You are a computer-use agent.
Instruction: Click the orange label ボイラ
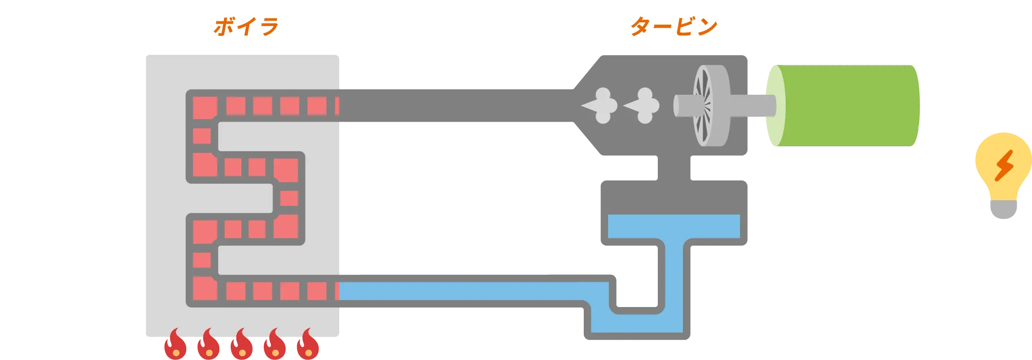246,26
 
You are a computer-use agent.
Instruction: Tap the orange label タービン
673,26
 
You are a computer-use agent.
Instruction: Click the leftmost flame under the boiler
175,344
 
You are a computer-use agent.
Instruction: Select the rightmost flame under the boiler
308,344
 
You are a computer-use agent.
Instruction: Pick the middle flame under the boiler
242,344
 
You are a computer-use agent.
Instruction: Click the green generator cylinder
844,106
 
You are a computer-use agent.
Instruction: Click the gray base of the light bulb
1003,210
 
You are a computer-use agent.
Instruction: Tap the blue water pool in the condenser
673,226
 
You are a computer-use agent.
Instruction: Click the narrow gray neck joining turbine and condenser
673,168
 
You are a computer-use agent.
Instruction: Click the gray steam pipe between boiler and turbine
456,105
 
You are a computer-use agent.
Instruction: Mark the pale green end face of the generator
775,106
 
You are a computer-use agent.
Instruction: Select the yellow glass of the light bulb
1003,167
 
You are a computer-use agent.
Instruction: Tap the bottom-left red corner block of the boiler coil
205,289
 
